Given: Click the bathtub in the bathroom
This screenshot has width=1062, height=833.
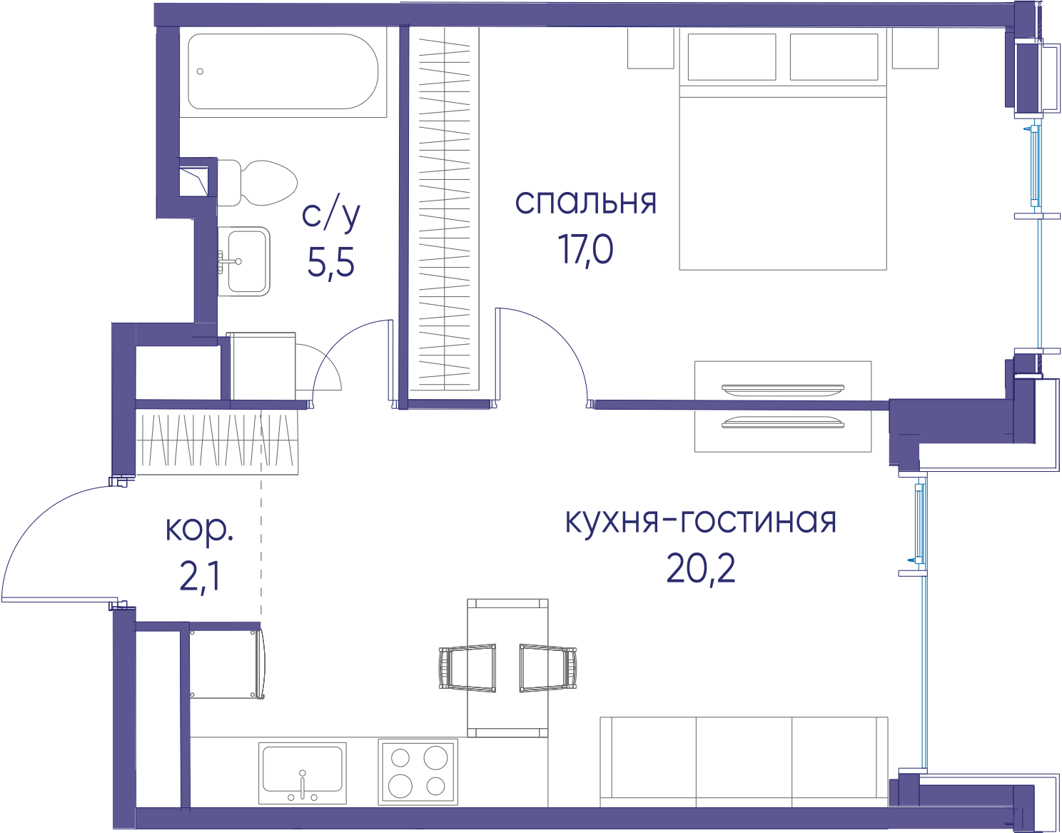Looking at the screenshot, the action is click(x=283, y=71).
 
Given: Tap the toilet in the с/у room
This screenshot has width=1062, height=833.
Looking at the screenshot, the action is click(x=258, y=183).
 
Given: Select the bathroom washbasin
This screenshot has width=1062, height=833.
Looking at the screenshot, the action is click(x=244, y=261).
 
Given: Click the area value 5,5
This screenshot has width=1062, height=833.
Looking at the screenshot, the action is click(x=331, y=263).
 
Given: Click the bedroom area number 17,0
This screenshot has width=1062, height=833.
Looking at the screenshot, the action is click(x=585, y=249).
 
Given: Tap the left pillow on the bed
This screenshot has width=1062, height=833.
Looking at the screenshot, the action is click(x=732, y=56).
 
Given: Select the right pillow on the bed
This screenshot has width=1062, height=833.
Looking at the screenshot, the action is click(x=834, y=56).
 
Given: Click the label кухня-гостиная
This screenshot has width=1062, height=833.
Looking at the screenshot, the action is click(x=700, y=521).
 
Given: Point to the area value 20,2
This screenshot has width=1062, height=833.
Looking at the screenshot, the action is click(x=700, y=569).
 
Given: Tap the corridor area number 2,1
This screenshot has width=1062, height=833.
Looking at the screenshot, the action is click(x=199, y=577).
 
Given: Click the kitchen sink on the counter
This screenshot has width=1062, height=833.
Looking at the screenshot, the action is click(x=303, y=773).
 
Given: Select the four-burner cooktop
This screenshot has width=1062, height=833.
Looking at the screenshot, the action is click(x=418, y=772).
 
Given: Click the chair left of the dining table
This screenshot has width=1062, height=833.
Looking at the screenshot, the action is click(x=467, y=668).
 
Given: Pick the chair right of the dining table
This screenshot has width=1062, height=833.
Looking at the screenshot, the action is click(x=548, y=668).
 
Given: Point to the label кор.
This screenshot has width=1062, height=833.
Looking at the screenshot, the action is click(x=199, y=530).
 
